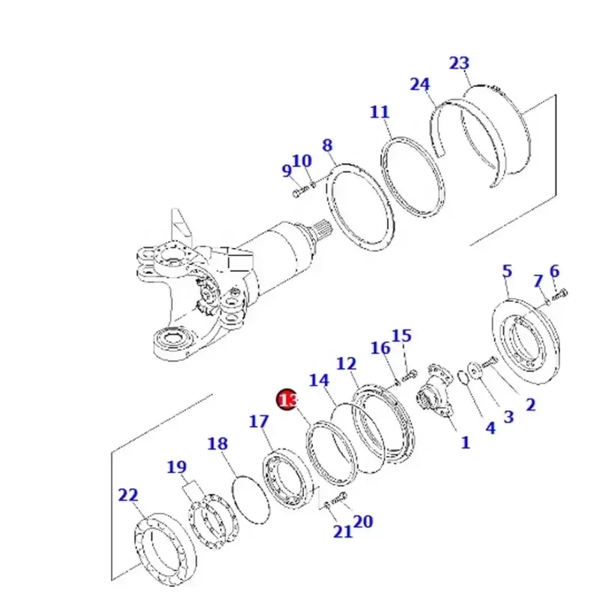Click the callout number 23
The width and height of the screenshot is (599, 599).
point(459,63)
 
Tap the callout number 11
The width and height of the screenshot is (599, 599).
point(380,113)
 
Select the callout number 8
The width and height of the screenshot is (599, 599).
point(327,145)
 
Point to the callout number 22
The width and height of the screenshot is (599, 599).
point(128,495)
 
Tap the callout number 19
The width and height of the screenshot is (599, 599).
point(176,468)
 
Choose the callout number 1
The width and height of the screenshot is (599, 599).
point(465,443)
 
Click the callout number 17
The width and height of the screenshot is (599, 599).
point(258,422)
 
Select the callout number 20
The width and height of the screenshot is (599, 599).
point(362,522)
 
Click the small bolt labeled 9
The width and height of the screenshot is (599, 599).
point(296,193)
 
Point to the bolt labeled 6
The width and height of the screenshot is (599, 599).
point(562,291)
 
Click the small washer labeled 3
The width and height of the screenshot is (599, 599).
point(474,370)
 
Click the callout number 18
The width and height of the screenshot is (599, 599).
point(217,444)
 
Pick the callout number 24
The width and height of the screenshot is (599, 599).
point(421,85)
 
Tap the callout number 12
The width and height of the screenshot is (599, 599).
point(346,364)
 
